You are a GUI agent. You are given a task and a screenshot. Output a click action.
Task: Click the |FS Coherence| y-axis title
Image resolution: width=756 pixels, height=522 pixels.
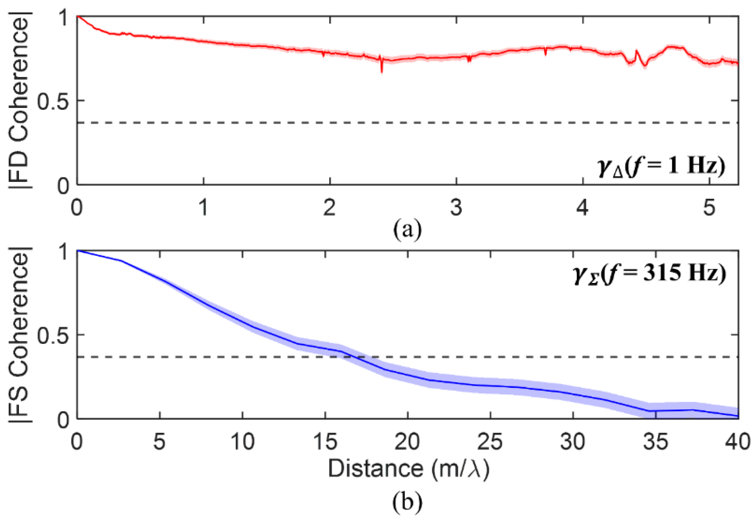coord(19,335)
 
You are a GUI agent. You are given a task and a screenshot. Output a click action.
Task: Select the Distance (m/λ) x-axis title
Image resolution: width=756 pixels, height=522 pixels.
coord(408,468)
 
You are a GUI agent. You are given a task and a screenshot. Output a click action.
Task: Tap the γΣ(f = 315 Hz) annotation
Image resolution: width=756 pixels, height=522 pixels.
coord(649,274)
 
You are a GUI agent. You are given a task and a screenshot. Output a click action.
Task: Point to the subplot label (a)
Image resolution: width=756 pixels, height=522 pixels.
coord(407,229)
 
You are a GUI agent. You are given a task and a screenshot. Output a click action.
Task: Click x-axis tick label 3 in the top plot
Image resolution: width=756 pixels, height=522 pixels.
coord(456,208)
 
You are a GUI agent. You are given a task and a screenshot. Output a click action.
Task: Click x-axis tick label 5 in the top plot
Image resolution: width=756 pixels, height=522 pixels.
coord(709,208)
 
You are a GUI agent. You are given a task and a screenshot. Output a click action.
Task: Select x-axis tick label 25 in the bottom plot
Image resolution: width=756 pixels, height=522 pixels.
coord(490,442)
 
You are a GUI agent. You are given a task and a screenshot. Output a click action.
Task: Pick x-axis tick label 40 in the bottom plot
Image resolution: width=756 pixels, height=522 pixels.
coord(738,442)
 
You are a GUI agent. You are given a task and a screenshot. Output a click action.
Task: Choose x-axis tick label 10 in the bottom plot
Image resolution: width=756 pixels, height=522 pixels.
coord(242,442)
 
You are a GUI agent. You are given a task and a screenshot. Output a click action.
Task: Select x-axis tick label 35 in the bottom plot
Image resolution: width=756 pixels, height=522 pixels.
coord(655,442)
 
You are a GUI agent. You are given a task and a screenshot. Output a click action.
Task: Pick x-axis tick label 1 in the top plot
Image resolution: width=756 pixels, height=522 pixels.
coord(203,208)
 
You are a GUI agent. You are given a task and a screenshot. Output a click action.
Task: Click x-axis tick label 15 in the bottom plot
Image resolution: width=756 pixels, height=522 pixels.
coord(325,442)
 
